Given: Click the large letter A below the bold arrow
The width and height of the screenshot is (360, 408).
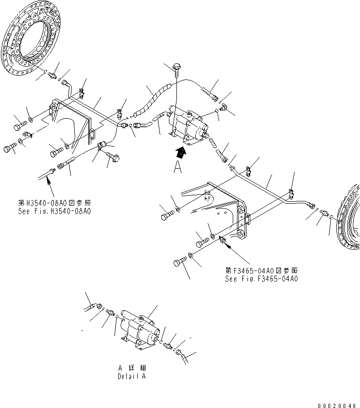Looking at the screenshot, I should pyautogui.click(x=177, y=167).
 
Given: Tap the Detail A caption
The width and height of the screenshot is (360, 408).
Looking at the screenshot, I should pyautogui.click(x=132, y=377).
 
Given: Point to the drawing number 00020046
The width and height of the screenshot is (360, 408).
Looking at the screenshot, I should pyautogui.click(x=337, y=405).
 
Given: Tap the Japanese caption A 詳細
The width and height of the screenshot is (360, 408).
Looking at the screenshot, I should pyautogui.click(x=132, y=369).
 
